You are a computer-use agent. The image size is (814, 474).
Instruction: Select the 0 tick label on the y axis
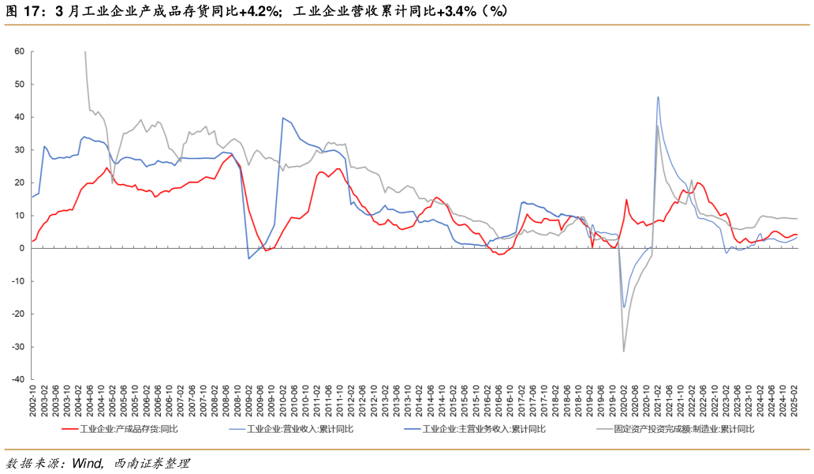pyautogui.click(x=22, y=248)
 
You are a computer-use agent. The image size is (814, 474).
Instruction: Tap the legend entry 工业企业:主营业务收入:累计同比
pyautogui.click(x=484, y=429)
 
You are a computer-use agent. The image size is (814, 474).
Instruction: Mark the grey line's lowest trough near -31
pyautogui.click(x=623, y=351)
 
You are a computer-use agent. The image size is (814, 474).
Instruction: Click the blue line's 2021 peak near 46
pyautogui.click(x=658, y=97)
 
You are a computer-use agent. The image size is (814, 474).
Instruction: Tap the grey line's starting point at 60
pyautogui.click(x=85, y=52)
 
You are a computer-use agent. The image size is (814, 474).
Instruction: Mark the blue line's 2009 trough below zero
pyautogui.click(x=249, y=258)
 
